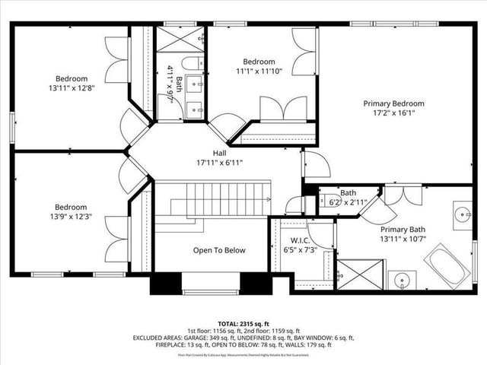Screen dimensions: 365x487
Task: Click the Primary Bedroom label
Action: click(393, 103)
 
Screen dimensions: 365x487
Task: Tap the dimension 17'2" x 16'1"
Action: click(393, 113)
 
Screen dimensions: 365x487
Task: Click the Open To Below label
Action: click(219, 250)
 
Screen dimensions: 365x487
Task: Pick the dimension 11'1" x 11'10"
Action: click(259, 71)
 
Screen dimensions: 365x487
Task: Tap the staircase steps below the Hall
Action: click(220, 202)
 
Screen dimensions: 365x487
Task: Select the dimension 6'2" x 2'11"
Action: click(349, 202)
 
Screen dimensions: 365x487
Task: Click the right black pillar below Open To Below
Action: click(256, 283)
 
